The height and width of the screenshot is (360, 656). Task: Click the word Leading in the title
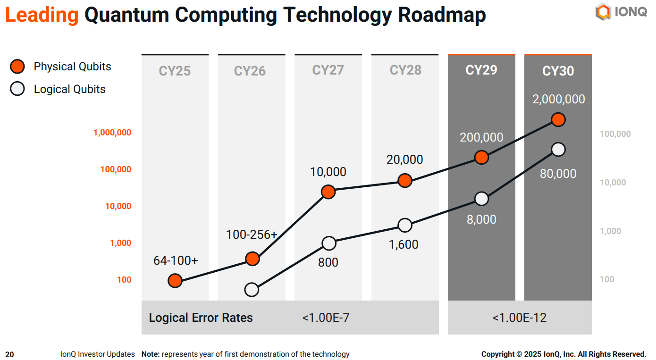pos(42,15)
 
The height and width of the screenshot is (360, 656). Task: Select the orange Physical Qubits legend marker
pos(17,67)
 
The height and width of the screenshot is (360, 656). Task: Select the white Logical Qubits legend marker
pos(17,89)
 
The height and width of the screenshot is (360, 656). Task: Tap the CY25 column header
pos(175,71)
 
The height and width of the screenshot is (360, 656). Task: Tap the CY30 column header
pos(558,71)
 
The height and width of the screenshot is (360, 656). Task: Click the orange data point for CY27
pos(328,192)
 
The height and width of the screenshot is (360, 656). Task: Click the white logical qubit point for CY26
pos(252,289)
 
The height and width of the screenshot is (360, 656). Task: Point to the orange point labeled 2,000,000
pos(558,120)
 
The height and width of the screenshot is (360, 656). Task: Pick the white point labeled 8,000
pos(481,199)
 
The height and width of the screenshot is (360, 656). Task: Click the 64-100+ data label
pos(176,260)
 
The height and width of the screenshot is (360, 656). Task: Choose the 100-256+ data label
pos(252,234)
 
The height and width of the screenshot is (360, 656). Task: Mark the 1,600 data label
pos(404,244)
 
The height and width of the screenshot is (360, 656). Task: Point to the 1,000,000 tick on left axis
pos(112,133)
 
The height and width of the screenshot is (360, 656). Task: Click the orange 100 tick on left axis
pos(124,280)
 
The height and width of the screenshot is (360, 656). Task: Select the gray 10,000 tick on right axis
pos(613,183)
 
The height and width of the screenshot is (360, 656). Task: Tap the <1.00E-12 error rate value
pos(519,318)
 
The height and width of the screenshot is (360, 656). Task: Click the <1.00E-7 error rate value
pos(326,318)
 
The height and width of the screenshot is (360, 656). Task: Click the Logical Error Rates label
pos(201,318)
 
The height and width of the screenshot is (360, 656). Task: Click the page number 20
pos(9,354)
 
